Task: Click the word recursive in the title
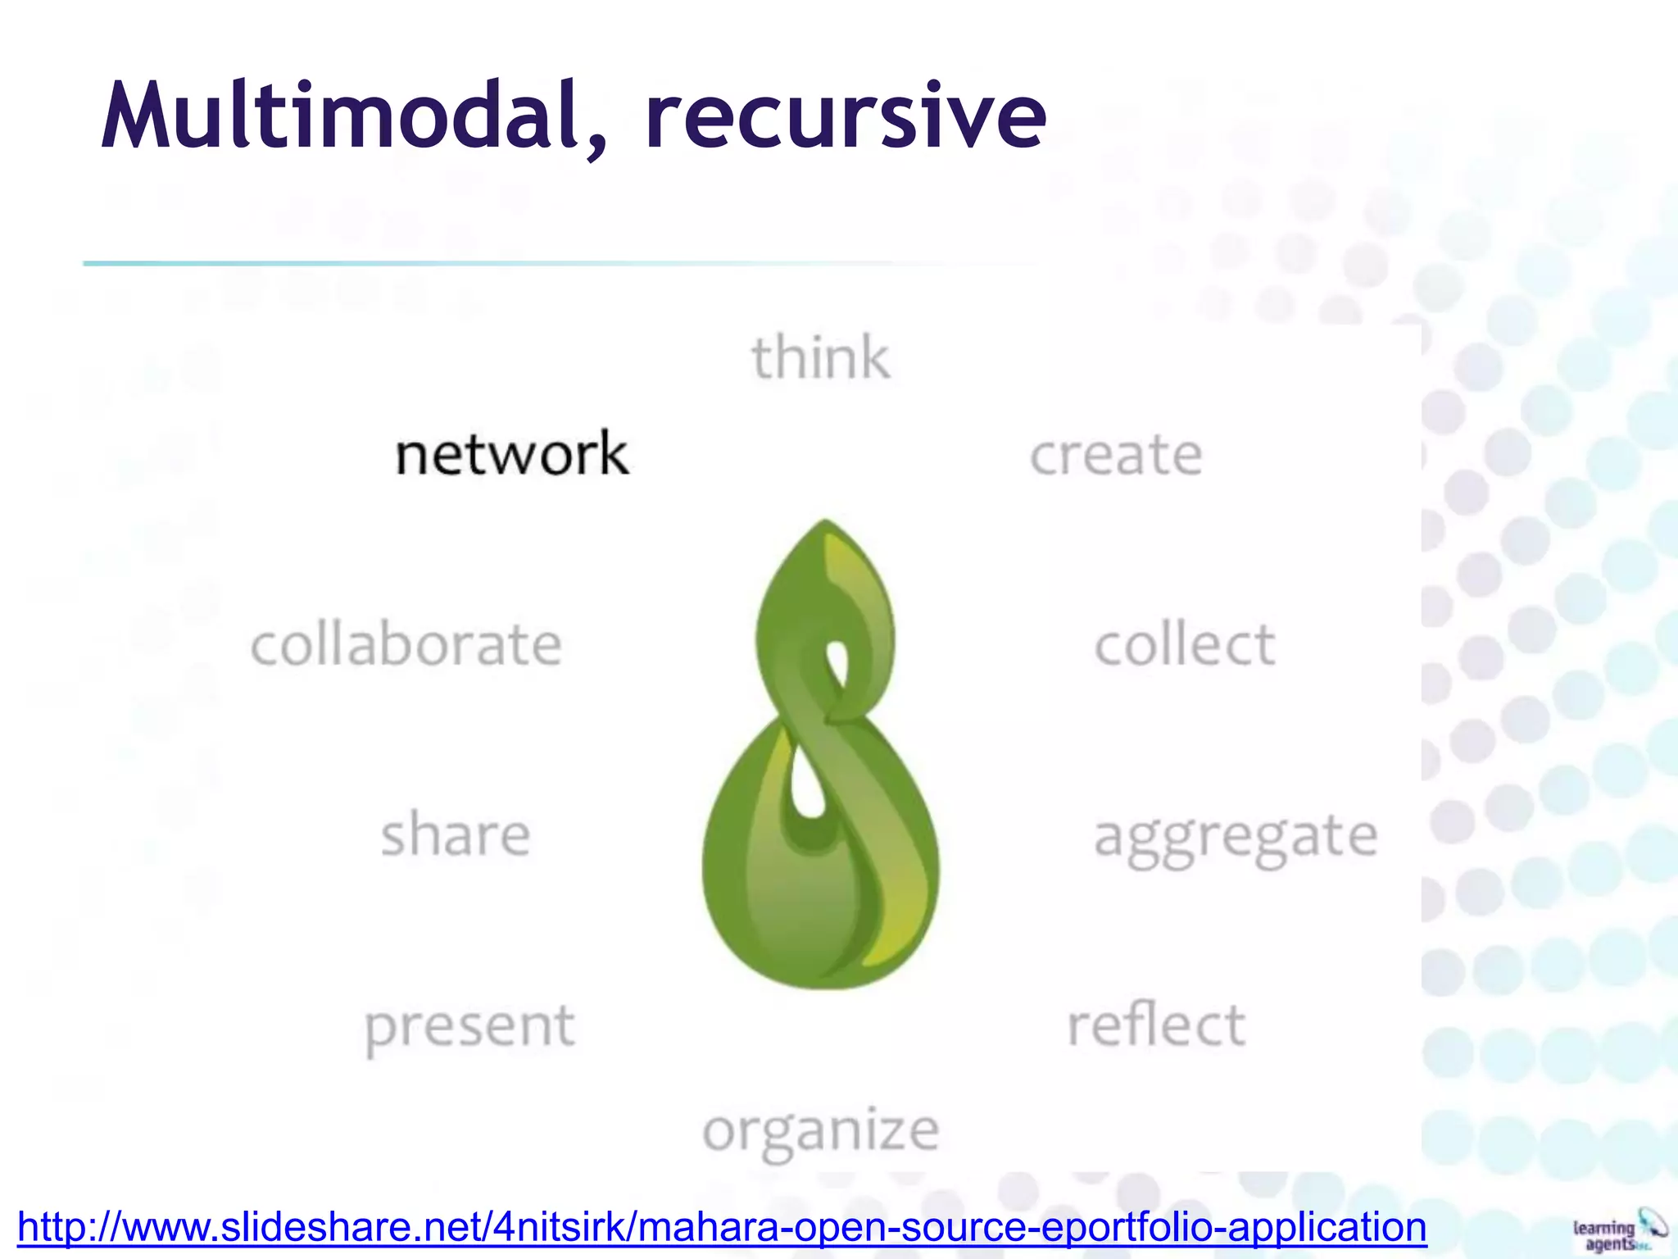coord(846,116)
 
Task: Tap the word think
coord(821,358)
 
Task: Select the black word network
coord(512,454)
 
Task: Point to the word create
coord(1116,455)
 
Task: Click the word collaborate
coord(406,644)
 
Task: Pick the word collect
coord(1185,644)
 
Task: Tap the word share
coord(456,834)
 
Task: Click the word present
coord(469,1026)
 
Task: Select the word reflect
coord(1156,1025)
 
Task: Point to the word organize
coord(821,1132)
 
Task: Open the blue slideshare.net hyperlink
coord(722,1227)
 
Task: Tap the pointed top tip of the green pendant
coord(824,523)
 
